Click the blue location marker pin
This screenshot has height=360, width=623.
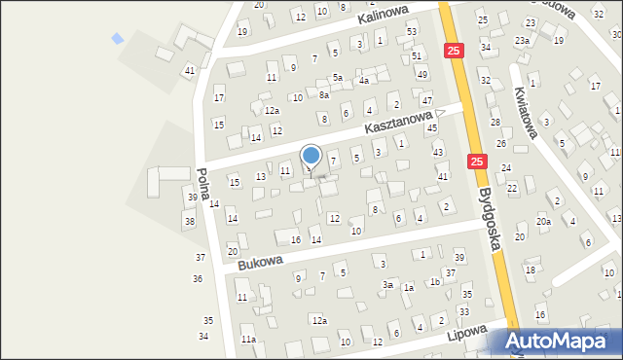point(311,156)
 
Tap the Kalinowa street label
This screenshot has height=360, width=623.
point(382,17)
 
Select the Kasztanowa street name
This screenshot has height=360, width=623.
point(398,122)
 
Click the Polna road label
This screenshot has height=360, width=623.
point(204,184)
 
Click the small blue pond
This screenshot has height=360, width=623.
point(118,39)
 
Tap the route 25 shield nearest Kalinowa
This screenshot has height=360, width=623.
point(453,50)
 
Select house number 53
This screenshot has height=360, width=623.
point(412,32)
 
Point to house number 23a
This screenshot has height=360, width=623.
point(523,40)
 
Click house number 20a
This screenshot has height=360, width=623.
point(543,222)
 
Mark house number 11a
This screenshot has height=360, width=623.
point(248,339)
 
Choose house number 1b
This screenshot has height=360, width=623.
point(435,281)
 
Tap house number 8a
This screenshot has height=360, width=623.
point(324,95)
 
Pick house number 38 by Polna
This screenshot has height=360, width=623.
point(189,222)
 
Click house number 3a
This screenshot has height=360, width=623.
point(387,285)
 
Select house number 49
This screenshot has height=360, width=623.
point(421,74)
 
